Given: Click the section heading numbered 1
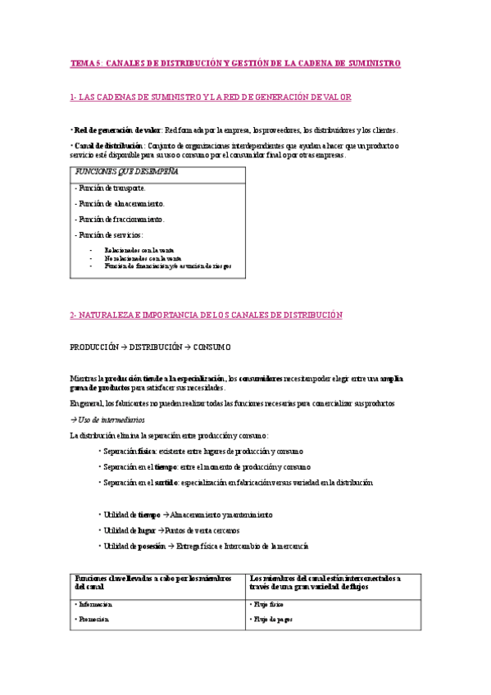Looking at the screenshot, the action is [x=211, y=97].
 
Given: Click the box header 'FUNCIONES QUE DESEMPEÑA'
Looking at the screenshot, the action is [x=127, y=172].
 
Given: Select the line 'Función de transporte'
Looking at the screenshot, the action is [x=111, y=188].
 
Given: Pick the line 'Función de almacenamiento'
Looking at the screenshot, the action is [x=119, y=203].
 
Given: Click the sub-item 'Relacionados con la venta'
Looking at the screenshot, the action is [x=139, y=249].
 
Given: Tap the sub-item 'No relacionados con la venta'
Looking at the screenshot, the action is [x=143, y=257].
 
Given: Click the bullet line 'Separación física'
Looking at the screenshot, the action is [x=200, y=451].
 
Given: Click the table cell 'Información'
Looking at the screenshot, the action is [x=93, y=604].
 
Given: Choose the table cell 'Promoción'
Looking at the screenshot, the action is [x=92, y=620].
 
